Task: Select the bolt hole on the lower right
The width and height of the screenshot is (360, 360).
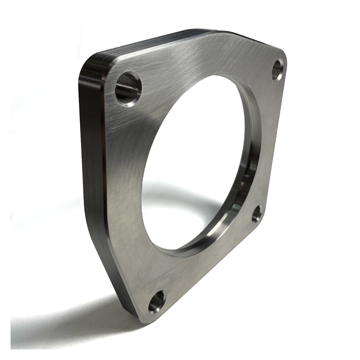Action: click(x=256, y=214)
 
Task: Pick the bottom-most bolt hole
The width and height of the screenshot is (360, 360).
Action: click(x=156, y=302)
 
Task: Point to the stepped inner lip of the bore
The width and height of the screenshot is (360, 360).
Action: click(x=248, y=178)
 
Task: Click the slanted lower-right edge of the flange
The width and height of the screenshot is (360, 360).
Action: click(x=212, y=280)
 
